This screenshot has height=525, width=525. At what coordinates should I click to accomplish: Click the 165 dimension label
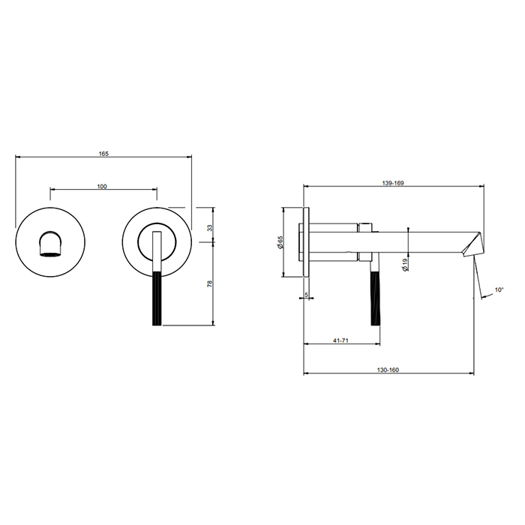coord(103,154)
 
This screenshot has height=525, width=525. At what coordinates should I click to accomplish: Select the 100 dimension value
coord(102,186)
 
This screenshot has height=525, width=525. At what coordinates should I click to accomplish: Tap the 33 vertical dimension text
coord(209,228)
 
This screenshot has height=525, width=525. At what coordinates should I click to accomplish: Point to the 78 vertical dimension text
coord(209,283)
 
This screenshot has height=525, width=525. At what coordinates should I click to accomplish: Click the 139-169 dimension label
coord(393,183)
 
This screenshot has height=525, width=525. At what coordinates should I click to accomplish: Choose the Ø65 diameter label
coord(280,242)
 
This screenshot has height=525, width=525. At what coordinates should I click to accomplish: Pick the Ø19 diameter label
coord(406,264)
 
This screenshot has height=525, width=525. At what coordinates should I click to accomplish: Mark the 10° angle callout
coord(499,289)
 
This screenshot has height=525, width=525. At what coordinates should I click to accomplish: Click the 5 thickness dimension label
coord(306,295)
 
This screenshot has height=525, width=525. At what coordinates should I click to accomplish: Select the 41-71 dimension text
coord(340,340)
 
